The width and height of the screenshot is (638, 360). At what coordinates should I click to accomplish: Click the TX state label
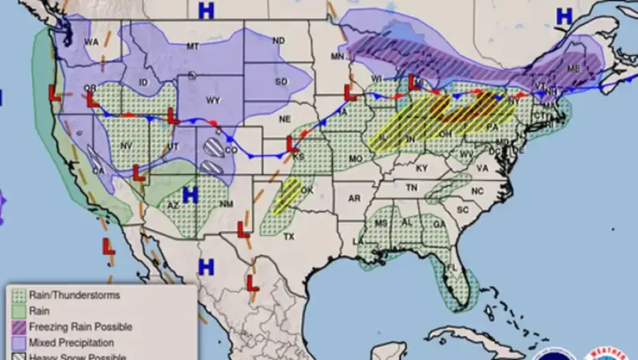pyautogui.click(x=288, y=237)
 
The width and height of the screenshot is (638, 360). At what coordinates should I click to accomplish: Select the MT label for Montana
pyautogui.click(x=193, y=46)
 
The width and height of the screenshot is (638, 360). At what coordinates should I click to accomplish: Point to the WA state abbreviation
pyautogui.click(x=91, y=43)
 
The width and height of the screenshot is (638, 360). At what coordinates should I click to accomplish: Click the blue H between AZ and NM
pyautogui.click(x=191, y=195)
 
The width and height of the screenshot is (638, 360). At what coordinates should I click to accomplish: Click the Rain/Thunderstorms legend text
pyautogui.click(x=74, y=295)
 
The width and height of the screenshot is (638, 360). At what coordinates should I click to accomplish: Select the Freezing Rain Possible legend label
pyautogui.click(x=81, y=326)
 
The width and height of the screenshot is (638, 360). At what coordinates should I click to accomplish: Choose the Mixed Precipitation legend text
pyautogui.click(x=72, y=342)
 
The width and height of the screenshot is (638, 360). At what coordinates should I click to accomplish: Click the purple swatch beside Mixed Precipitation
pyautogui.click(x=18, y=342)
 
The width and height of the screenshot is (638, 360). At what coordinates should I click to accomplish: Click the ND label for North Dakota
pyautogui.click(x=278, y=40)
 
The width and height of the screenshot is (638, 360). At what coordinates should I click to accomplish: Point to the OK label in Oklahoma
pyautogui.click(x=307, y=190)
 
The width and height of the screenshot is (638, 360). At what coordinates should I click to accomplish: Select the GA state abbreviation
pyautogui.click(x=439, y=224)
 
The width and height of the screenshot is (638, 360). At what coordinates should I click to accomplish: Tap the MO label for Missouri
pyautogui.click(x=356, y=158)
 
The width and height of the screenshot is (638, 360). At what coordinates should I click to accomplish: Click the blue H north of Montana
pyautogui.click(x=207, y=10)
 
